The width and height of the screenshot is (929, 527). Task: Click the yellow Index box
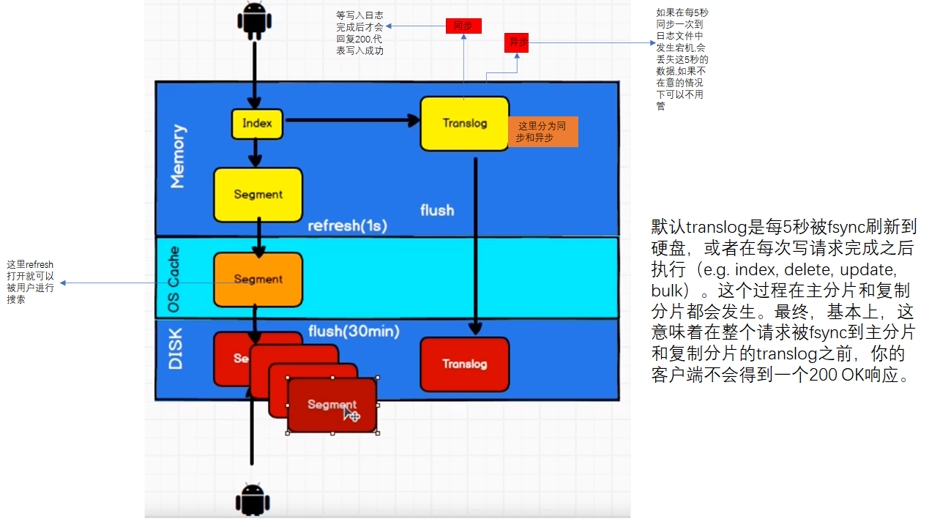coord(257,124)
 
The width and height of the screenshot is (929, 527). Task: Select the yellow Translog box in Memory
coord(464,124)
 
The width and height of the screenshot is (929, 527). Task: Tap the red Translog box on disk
coord(464,364)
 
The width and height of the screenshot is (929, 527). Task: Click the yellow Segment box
coord(258,195)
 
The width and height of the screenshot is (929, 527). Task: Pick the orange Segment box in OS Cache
coord(258,279)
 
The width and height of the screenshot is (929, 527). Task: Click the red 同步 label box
coord(463,26)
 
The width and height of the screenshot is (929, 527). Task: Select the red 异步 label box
coord(518,42)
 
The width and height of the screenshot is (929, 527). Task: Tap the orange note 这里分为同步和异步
coord(542,132)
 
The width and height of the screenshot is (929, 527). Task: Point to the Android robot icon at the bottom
coord(252,500)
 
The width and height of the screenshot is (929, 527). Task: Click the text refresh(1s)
coord(347,225)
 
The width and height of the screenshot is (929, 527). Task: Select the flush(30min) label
coord(354,332)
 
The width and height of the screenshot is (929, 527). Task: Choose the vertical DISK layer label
coord(176,348)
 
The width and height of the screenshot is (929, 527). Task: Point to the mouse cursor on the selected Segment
coord(351,414)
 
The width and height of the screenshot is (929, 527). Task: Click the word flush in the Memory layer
coord(437,210)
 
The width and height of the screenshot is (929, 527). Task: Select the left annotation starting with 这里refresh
coord(30,282)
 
